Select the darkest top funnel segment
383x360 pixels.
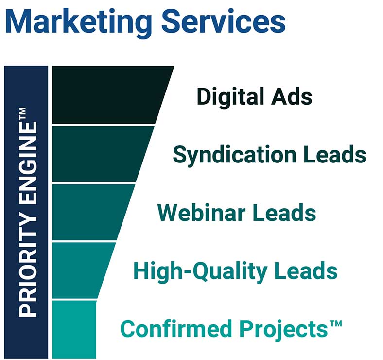[107, 95]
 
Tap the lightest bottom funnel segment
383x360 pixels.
[74, 329]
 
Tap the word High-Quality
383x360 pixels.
[203, 271]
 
